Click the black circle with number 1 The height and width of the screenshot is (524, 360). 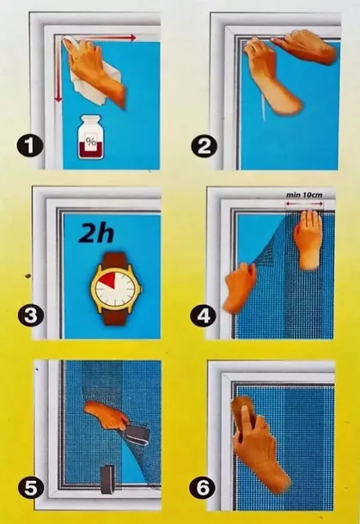pos(30,146)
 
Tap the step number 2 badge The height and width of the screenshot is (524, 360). pos(204,146)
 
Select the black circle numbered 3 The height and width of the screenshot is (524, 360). pos(31,315)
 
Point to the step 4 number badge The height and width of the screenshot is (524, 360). pos(204,315)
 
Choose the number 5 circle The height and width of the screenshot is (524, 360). pos(31,488)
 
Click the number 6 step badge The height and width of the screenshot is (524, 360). pos(203,488)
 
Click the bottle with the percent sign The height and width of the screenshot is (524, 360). pos(90,137)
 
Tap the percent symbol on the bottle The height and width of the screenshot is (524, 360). pos(90,141)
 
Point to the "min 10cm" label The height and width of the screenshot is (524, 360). pos(304,194)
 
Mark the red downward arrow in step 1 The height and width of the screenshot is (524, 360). pos(58,70)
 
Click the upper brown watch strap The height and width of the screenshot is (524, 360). pos(114,260)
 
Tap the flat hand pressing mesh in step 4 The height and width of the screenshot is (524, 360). pos(308,240)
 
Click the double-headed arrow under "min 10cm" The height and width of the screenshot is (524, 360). pos(304,204)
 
